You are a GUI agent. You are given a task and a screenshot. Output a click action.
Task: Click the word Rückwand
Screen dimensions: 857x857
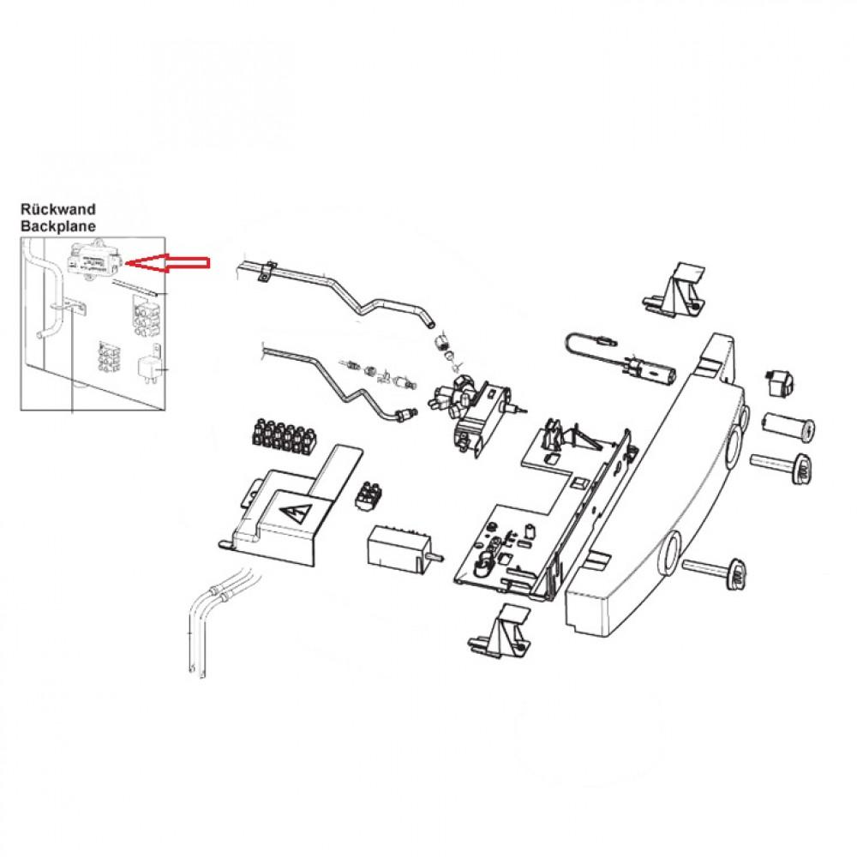pyautogui.click(x=58, y=208)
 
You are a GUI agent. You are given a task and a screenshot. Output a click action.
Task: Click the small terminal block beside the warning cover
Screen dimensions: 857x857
pyautogui.click(x=369, y=495)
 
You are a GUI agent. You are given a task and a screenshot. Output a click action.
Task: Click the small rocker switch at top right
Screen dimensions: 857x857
pyautogui.click(x=781, y=382)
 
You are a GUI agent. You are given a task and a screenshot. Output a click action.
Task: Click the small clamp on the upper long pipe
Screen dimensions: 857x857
pyautogui.click(x=267, y=273)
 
